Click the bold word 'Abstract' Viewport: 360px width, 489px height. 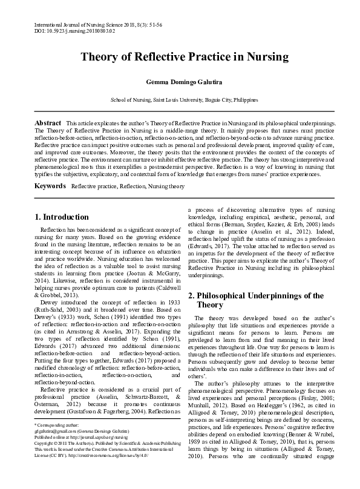click(x=47, y=123)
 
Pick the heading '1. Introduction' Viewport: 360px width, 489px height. click(x=62, y=217)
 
